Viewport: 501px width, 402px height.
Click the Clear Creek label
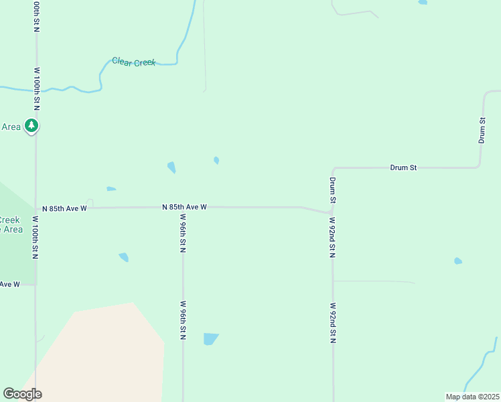tap(134, 62)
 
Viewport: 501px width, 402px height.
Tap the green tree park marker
tap(31, 125)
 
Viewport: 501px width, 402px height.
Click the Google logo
tap(22, 394)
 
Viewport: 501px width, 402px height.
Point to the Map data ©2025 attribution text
tap(473, 397)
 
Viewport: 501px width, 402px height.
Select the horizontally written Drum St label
tap(403, 167)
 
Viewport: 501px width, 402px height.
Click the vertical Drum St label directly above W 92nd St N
tap(332, 190)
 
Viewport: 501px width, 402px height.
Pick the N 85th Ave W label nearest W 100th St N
tap(64, 208)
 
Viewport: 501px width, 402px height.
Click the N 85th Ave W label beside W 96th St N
tap(184, 208)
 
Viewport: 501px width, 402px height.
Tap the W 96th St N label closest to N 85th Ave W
tap(183, 233)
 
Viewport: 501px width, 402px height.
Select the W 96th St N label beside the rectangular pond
tap(183, 322)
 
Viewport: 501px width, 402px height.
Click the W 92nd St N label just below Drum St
tap(332, 238)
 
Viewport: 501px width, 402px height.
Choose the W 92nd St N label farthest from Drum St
tap(332, 323)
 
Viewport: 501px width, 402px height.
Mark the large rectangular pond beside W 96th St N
tap(210, 338)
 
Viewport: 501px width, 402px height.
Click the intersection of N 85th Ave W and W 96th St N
tap(183, 208)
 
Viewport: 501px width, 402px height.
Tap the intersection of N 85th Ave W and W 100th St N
tap(35, 208)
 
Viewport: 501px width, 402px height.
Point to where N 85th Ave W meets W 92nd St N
tap(332, 213)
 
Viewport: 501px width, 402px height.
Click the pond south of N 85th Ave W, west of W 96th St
tap(123, 257)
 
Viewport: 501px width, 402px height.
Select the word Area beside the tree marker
tap(11, 127)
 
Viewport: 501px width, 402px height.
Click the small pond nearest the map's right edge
tap(457, 261)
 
